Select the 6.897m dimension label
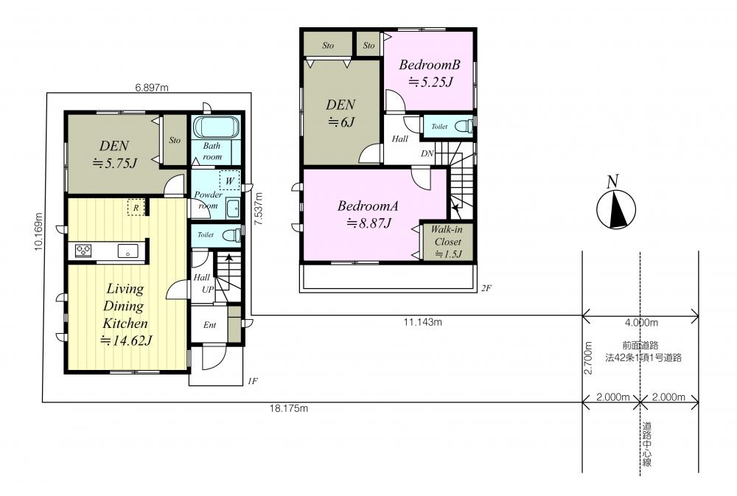(x=151, y=88)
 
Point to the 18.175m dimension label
(x=289, y=408)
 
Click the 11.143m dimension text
(x=422, y=322)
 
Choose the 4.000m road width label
(x=641, y=323)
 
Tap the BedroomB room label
(x=429, y=65)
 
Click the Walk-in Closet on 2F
(x=447, y=242)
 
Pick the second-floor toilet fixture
(x=464, y=126)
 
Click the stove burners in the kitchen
(x=83, y=251)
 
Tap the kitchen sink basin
(x=128, y=251)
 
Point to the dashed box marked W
(x=229, y=181)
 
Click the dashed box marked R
(x=136, y=207)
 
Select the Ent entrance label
(x=209, y=325)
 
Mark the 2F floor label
(x=486, y=288)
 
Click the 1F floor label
(x=252, y=381)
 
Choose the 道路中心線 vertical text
(x=647, y=444)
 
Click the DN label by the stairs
(x=427, y=154)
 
